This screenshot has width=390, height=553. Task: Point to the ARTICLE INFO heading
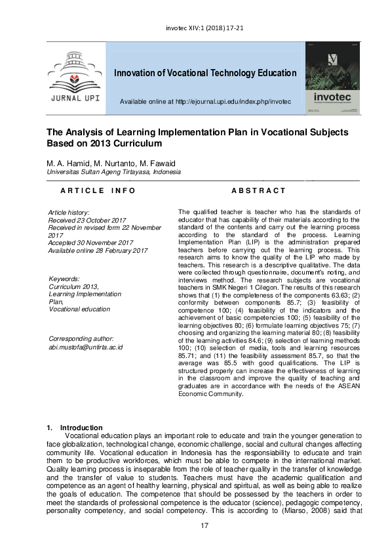point(98,190)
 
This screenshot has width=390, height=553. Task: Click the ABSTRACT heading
point(259,190)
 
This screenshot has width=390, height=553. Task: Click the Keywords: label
point(64,278)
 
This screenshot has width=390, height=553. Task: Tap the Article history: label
point(69,212)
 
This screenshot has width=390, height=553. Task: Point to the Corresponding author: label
point(82,338)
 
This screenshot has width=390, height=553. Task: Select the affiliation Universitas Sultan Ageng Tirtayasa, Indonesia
point(113,172)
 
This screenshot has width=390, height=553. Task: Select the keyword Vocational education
point(80,309)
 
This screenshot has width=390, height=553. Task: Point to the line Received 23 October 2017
point(87,220)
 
